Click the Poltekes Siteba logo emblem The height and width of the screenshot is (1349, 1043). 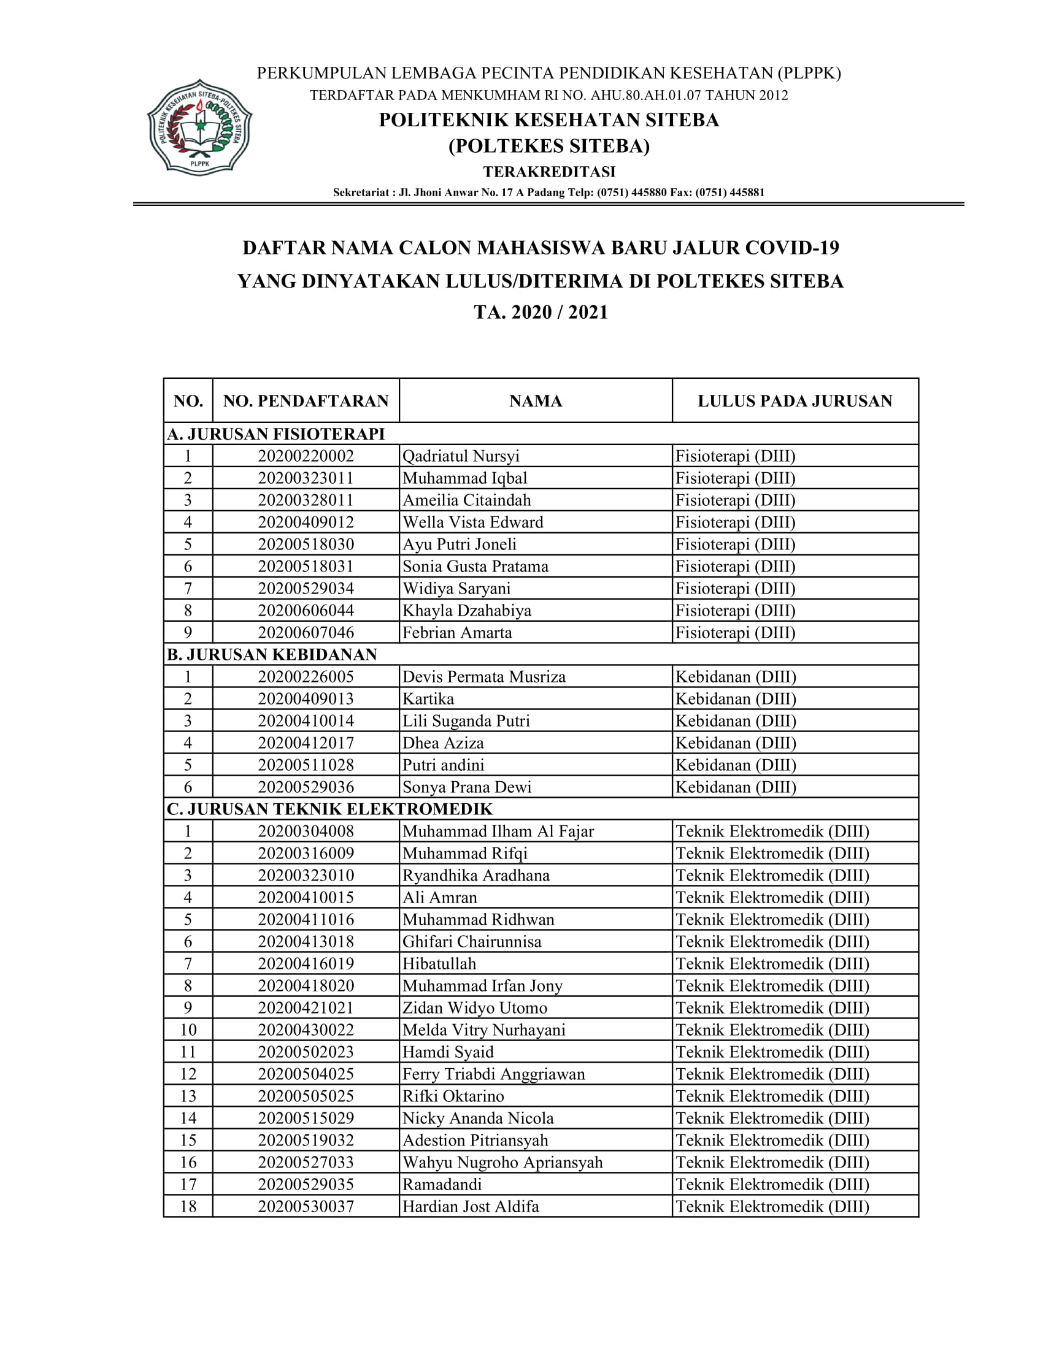point(199,127)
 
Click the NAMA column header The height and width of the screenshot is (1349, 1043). point(535,401)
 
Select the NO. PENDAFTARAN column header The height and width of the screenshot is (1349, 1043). point(306,401)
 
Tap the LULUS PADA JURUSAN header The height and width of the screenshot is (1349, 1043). point(795,401)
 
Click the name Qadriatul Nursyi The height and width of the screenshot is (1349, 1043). point(461,456)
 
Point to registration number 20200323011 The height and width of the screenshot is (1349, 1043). point(306,478)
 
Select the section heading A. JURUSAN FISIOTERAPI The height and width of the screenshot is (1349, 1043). point(275,434)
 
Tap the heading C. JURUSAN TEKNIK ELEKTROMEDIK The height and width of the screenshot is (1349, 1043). point(329,809)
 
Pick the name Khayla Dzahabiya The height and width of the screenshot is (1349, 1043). point(466,610)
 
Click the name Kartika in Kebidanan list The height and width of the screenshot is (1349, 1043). point(428,698)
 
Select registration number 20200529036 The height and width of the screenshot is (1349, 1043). point(306,787)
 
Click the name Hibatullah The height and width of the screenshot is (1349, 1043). point(439,963)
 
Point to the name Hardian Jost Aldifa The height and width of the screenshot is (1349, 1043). point(470,1206)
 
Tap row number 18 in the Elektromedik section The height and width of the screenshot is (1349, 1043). point(188,1206)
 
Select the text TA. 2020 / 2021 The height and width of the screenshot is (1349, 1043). point(541,313)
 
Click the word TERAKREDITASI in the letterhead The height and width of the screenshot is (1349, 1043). point(548,171)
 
